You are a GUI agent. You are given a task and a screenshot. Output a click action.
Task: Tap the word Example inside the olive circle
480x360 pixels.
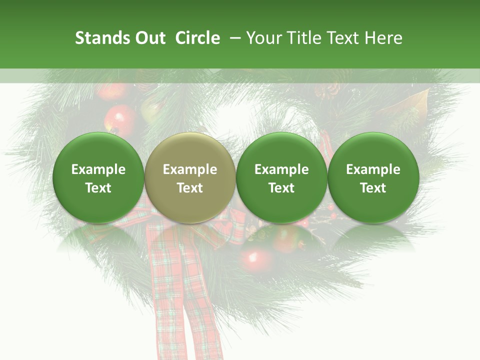click(x=190, y=169)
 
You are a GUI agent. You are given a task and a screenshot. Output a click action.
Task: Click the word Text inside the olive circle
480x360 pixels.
click(x=190, y=188)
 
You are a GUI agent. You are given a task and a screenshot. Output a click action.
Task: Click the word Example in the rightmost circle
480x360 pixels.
click(x=373, y=169)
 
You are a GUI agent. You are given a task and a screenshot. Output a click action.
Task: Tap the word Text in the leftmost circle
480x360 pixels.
click(x=98, y=188)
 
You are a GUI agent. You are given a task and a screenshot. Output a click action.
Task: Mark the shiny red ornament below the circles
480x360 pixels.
click(x=253, y=259)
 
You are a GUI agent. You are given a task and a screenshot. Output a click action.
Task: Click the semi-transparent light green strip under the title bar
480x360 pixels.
click(x=240, y=75)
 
